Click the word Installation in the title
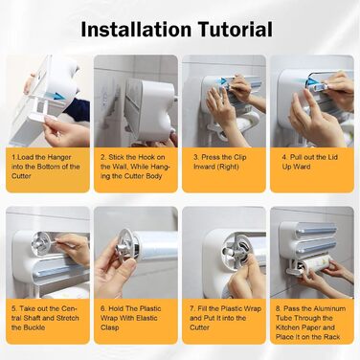136,29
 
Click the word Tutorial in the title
236,29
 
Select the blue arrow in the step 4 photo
311,82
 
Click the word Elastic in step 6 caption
146,318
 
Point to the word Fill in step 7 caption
202,309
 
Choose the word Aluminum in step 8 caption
329,309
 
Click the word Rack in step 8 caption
332,337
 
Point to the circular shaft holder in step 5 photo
41,244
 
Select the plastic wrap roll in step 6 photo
156,244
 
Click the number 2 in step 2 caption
103,157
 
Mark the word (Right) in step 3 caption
228,167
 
